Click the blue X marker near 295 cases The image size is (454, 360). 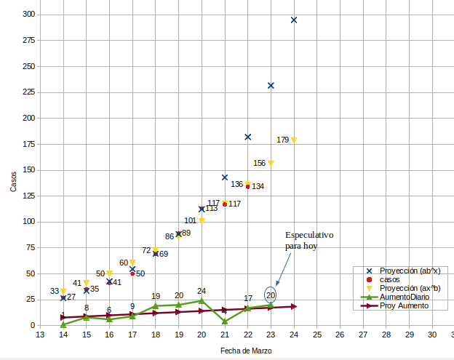click(x=294, y=20)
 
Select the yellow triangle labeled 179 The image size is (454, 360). click(x=294, y=140)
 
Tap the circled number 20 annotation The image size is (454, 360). click(x=271, y=295)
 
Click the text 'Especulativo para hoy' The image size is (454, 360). click(x=308, y=241)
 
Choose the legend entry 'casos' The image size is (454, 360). click(x=390, y=279)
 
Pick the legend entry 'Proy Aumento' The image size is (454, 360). click(x=404, y=305)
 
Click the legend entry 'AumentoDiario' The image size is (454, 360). click(x=405, y=297)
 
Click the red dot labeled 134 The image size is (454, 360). click(x=248, y=186)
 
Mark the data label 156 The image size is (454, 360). click(x=259, y=164)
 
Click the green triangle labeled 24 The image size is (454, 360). click(x=202, y=300)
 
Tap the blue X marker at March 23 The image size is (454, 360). click(x=271, y=86)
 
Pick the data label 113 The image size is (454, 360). click(x=212, y=208)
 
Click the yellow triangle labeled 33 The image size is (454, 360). click(x=63, y=291)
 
